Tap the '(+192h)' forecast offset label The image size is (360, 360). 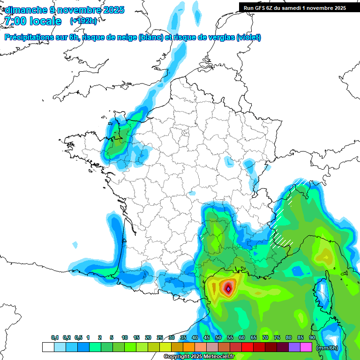[x=83, y=21]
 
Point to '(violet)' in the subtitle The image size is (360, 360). [x=248, y=37]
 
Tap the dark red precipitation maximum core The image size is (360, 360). [x=228, y=288]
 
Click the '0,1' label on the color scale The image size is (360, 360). [x=55, y=338]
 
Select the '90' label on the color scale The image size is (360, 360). [x=312, y=338]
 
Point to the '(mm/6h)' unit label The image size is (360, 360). [x=327, y=348]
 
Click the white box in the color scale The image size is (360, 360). [x=48, y=347]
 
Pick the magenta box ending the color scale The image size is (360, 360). [x=306, y=347]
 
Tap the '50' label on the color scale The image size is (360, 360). [x=218, y=338]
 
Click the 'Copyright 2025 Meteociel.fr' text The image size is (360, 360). [x=199, y=357]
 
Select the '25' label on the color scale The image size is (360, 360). [x=160, y=338]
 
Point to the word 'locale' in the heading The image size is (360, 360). [x=46, y=21]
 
